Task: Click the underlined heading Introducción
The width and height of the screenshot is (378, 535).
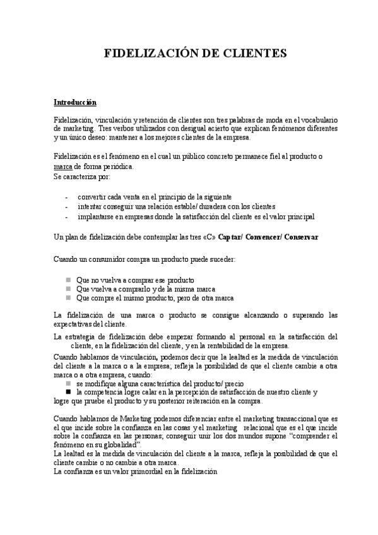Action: (75, 102)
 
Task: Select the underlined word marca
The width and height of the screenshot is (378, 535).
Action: (63, 166)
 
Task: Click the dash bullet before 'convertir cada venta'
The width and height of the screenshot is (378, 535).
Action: (66, 197)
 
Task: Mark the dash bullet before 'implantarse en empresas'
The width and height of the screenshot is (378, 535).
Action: (66, 216)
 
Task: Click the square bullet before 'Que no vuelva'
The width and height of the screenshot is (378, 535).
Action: (68, 279)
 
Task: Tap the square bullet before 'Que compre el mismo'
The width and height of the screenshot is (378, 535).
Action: (68, 298)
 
